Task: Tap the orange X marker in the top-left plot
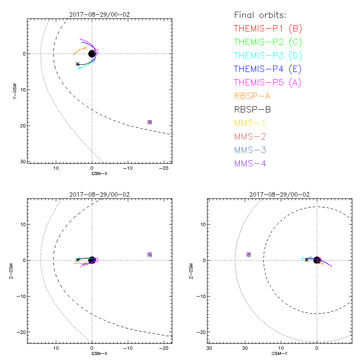(x=85, y=47)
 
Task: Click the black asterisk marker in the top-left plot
(x=78, y=64)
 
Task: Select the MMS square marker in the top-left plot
(x=149, y=122)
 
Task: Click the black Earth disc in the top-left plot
(x=92, y=54)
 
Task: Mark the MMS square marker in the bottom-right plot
(x=248, y=254)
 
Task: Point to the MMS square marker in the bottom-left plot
(x=149, y=254)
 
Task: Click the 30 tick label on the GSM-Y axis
(x=209, y=348)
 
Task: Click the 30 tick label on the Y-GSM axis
(x=22, y=161)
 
